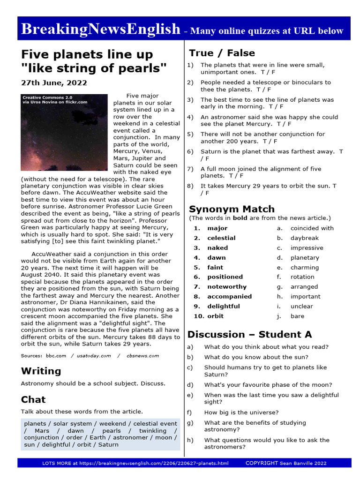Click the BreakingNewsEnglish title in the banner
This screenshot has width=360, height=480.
click(x=100, y=29)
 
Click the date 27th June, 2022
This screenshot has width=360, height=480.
click(x=54, y=82)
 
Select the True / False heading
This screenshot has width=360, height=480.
click(x=222, y=53)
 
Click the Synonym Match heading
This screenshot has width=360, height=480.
click(x=232, y=209)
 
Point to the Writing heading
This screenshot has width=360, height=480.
click(x=41, y=371)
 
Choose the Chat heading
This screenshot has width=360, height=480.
click(x=33, y=399)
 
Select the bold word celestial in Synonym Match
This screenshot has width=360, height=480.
click(x=221, y=238)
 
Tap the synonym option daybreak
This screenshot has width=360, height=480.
click(x=305, y=238)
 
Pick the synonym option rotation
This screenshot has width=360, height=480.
click(x=302, y=277)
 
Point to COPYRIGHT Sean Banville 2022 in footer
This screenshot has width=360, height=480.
click(x=286, y=463)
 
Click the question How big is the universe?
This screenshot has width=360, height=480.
click(x=241, y=412)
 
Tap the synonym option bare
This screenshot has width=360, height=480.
click(x=297, y=316)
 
